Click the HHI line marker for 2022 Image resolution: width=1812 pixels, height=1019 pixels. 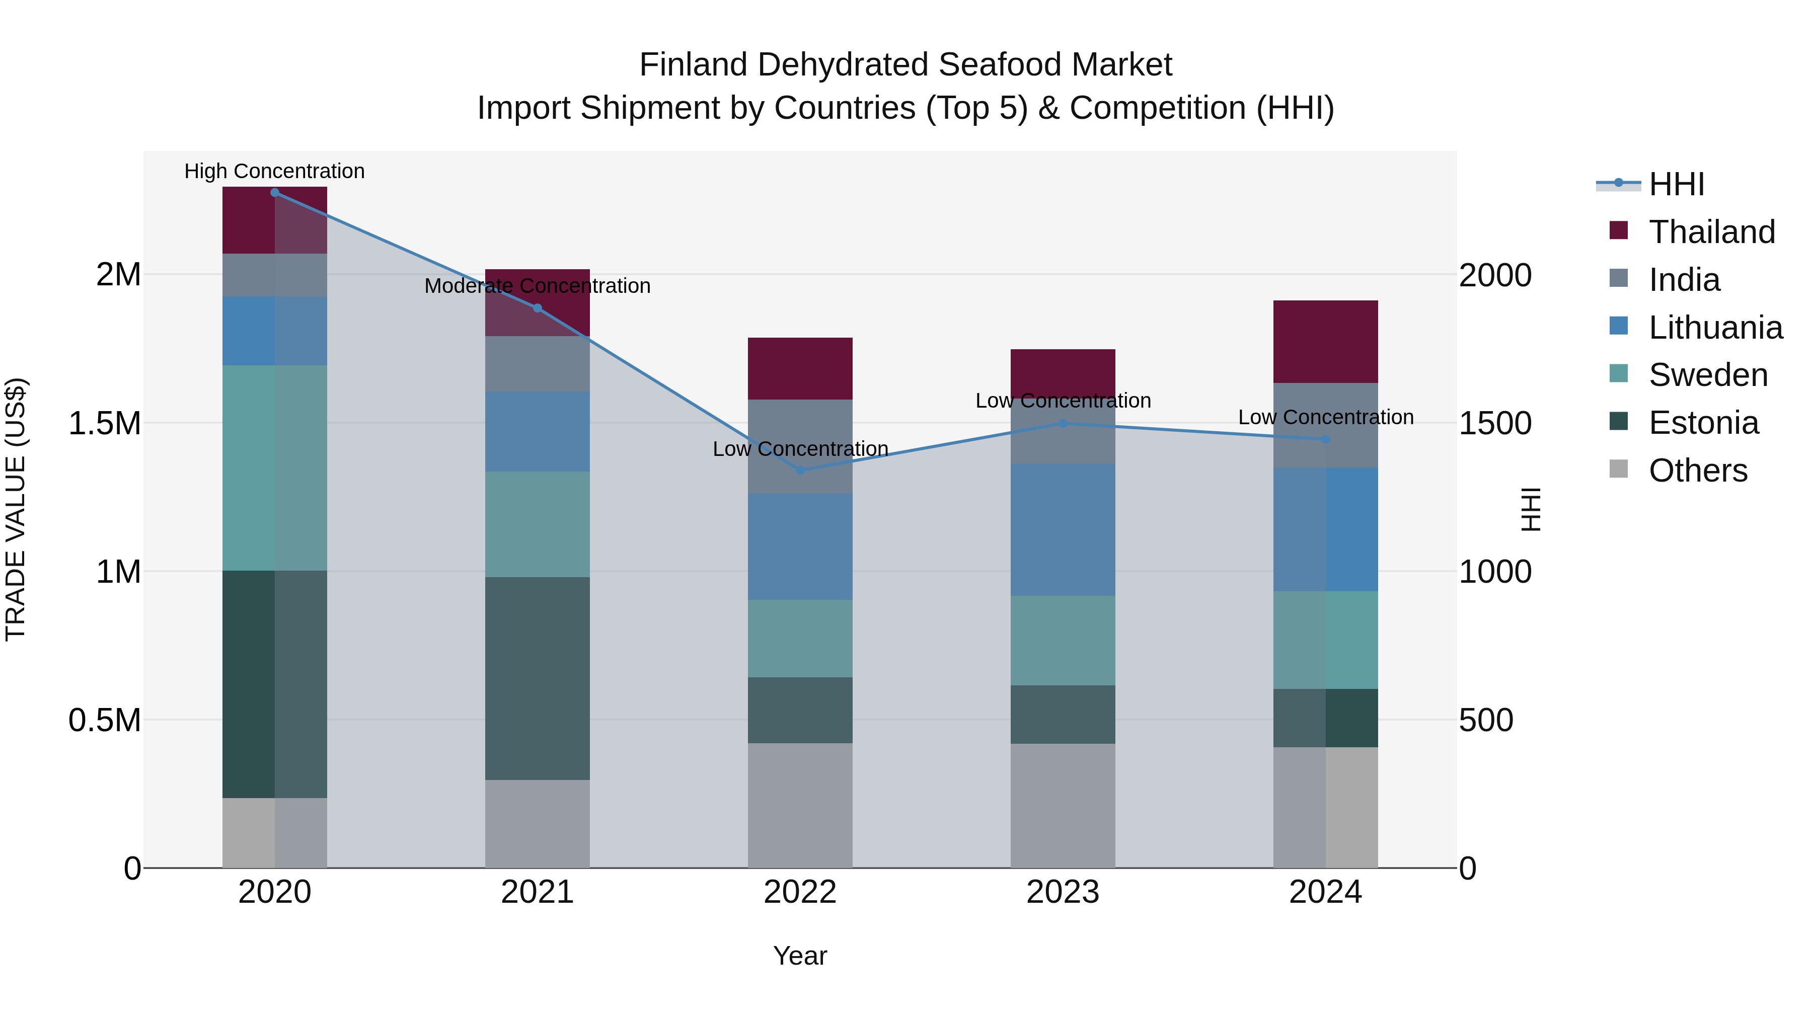tap(800, 471)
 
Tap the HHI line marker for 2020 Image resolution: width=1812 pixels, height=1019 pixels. tap(274, 192)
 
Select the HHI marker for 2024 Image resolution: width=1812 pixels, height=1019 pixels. tap(1325, 439)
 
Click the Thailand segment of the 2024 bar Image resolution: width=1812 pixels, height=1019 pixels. tap(1325, 342)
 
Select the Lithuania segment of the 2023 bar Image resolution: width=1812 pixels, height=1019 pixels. tap(1063, 529)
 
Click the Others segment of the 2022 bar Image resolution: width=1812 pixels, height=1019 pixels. tap(800, 805)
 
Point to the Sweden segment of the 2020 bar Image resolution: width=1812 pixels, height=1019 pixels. tap(274, 467)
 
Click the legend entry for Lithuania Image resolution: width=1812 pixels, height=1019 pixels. tap(1715, 328)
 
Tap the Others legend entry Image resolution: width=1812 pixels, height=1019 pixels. tap(1697, 471)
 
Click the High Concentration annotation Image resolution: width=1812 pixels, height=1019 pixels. tap(274, 171)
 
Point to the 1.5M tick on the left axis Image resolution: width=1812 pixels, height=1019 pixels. tap(104, 423)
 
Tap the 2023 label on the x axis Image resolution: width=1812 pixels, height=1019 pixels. tap(1063, 892)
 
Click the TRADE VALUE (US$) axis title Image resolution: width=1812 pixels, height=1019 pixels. tap(16, 509)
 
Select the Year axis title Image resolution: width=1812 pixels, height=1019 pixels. tap(800, 956)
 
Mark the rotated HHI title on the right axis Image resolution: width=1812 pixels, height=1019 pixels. tap(1531, 509)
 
